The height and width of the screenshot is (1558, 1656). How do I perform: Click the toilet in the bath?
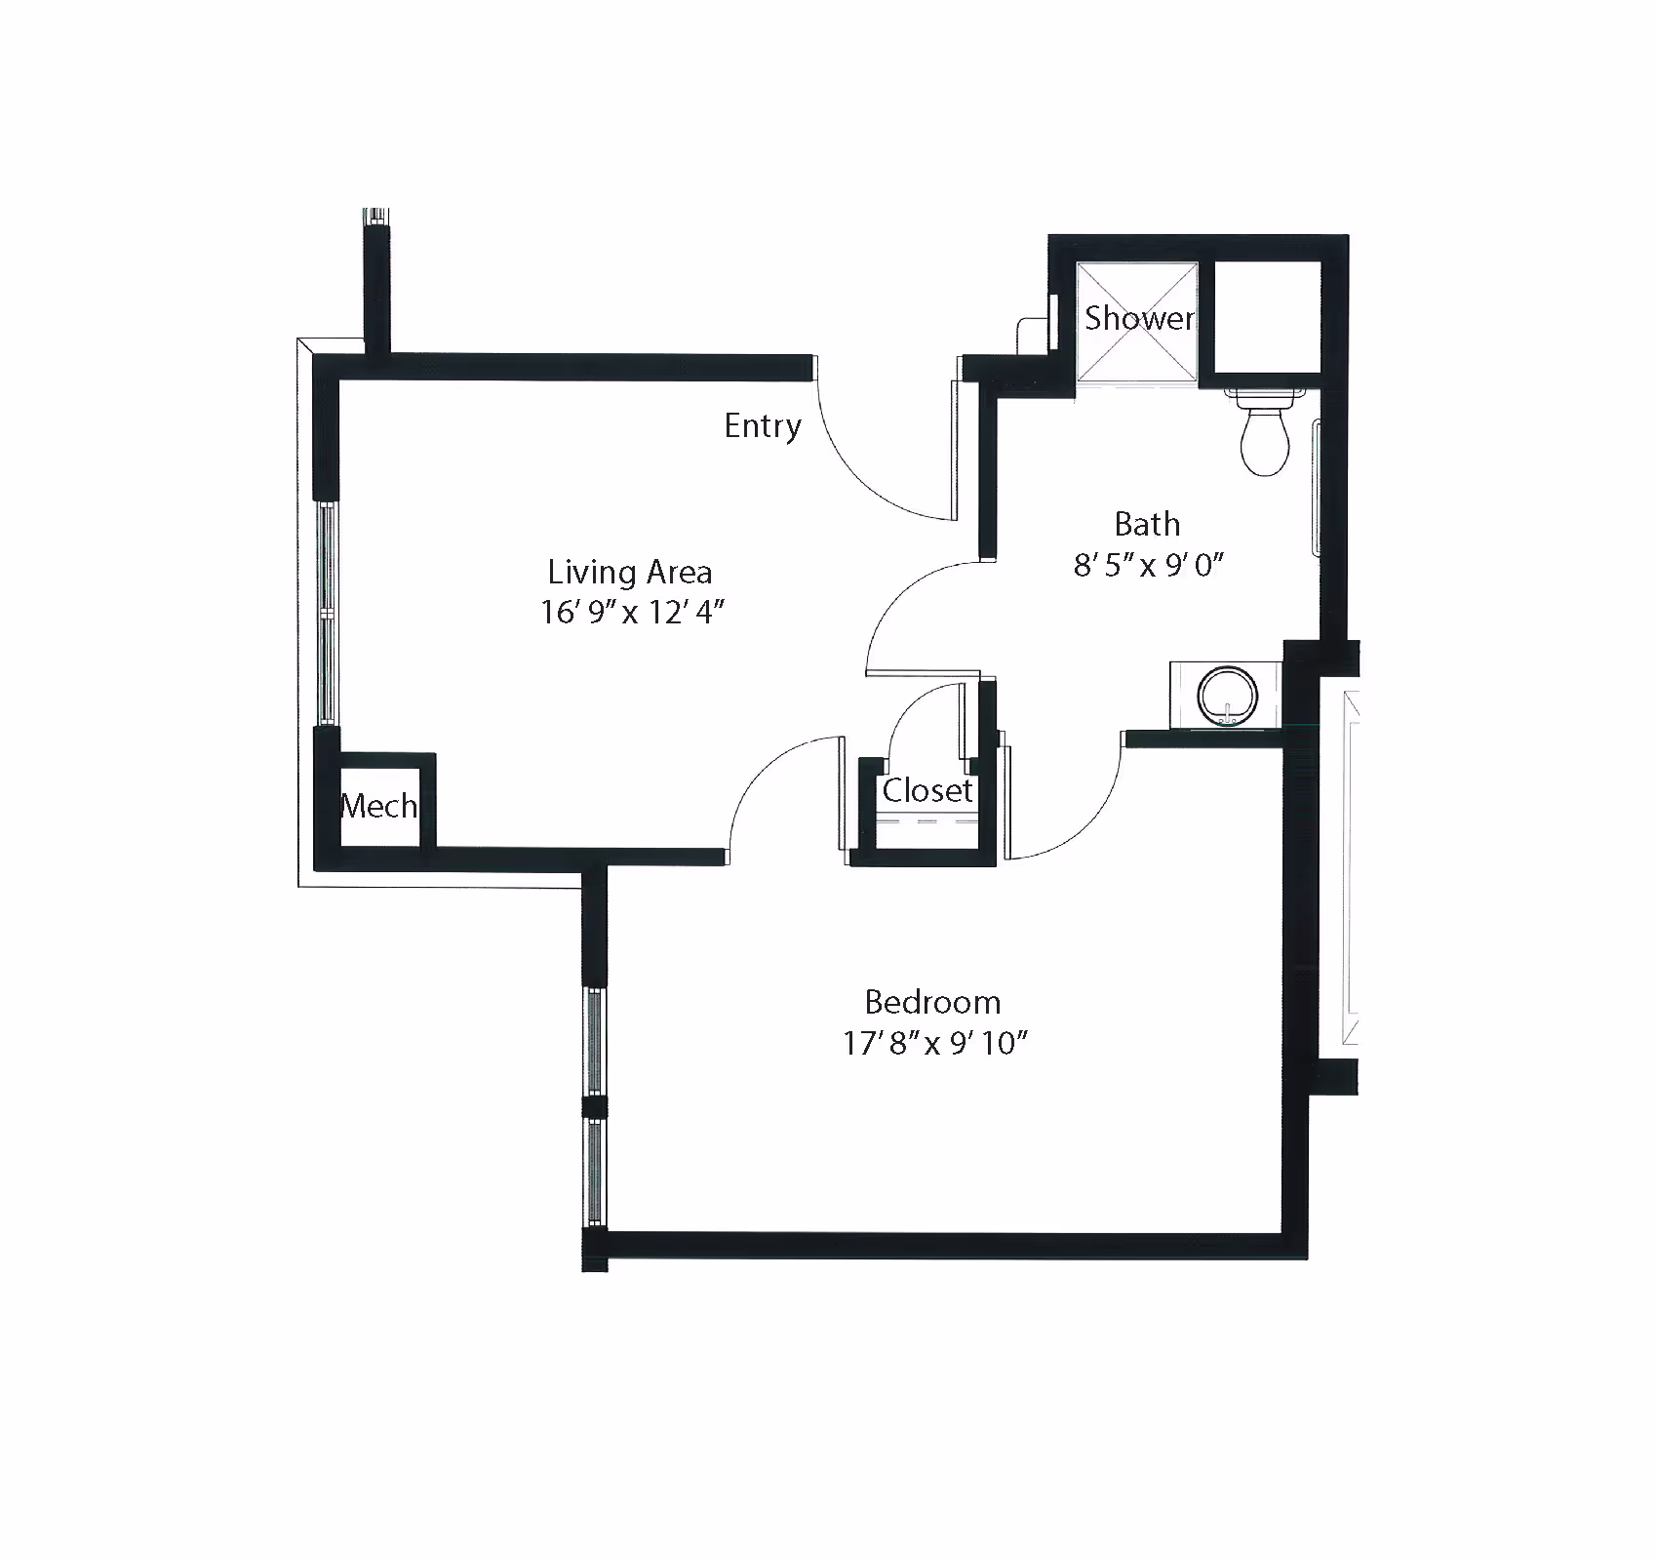click(1265, 431)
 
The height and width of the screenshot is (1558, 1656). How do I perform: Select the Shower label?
click(1139, 318)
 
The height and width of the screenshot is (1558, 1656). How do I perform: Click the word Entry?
click(763, 426)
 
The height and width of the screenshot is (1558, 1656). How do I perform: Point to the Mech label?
click(379, 806)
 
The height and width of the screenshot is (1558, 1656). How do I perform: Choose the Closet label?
click(927, 790)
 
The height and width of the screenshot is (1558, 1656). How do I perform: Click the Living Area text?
click(629, 572)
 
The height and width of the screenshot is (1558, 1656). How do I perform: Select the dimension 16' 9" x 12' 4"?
click(633, 613)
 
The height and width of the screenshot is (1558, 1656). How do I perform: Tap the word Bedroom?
click(932, 1002)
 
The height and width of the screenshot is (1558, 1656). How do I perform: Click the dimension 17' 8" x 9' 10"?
click(936, 1044)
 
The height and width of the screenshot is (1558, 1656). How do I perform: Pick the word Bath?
click(1147, 525)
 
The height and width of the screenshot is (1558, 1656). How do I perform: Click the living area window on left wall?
click(327, 614)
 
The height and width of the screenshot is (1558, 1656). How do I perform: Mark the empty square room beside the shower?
click(1267, 317)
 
